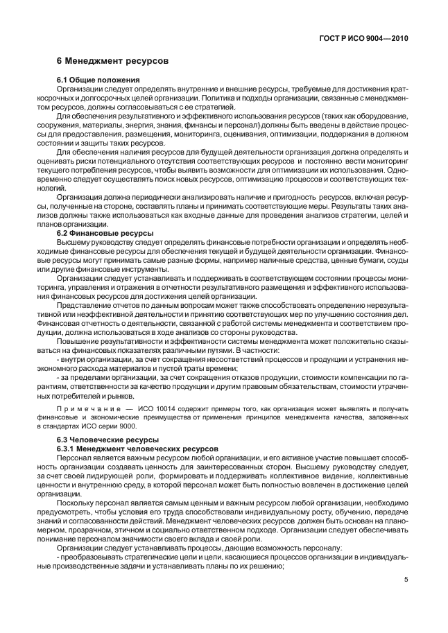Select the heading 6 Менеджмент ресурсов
coord(112,61)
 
